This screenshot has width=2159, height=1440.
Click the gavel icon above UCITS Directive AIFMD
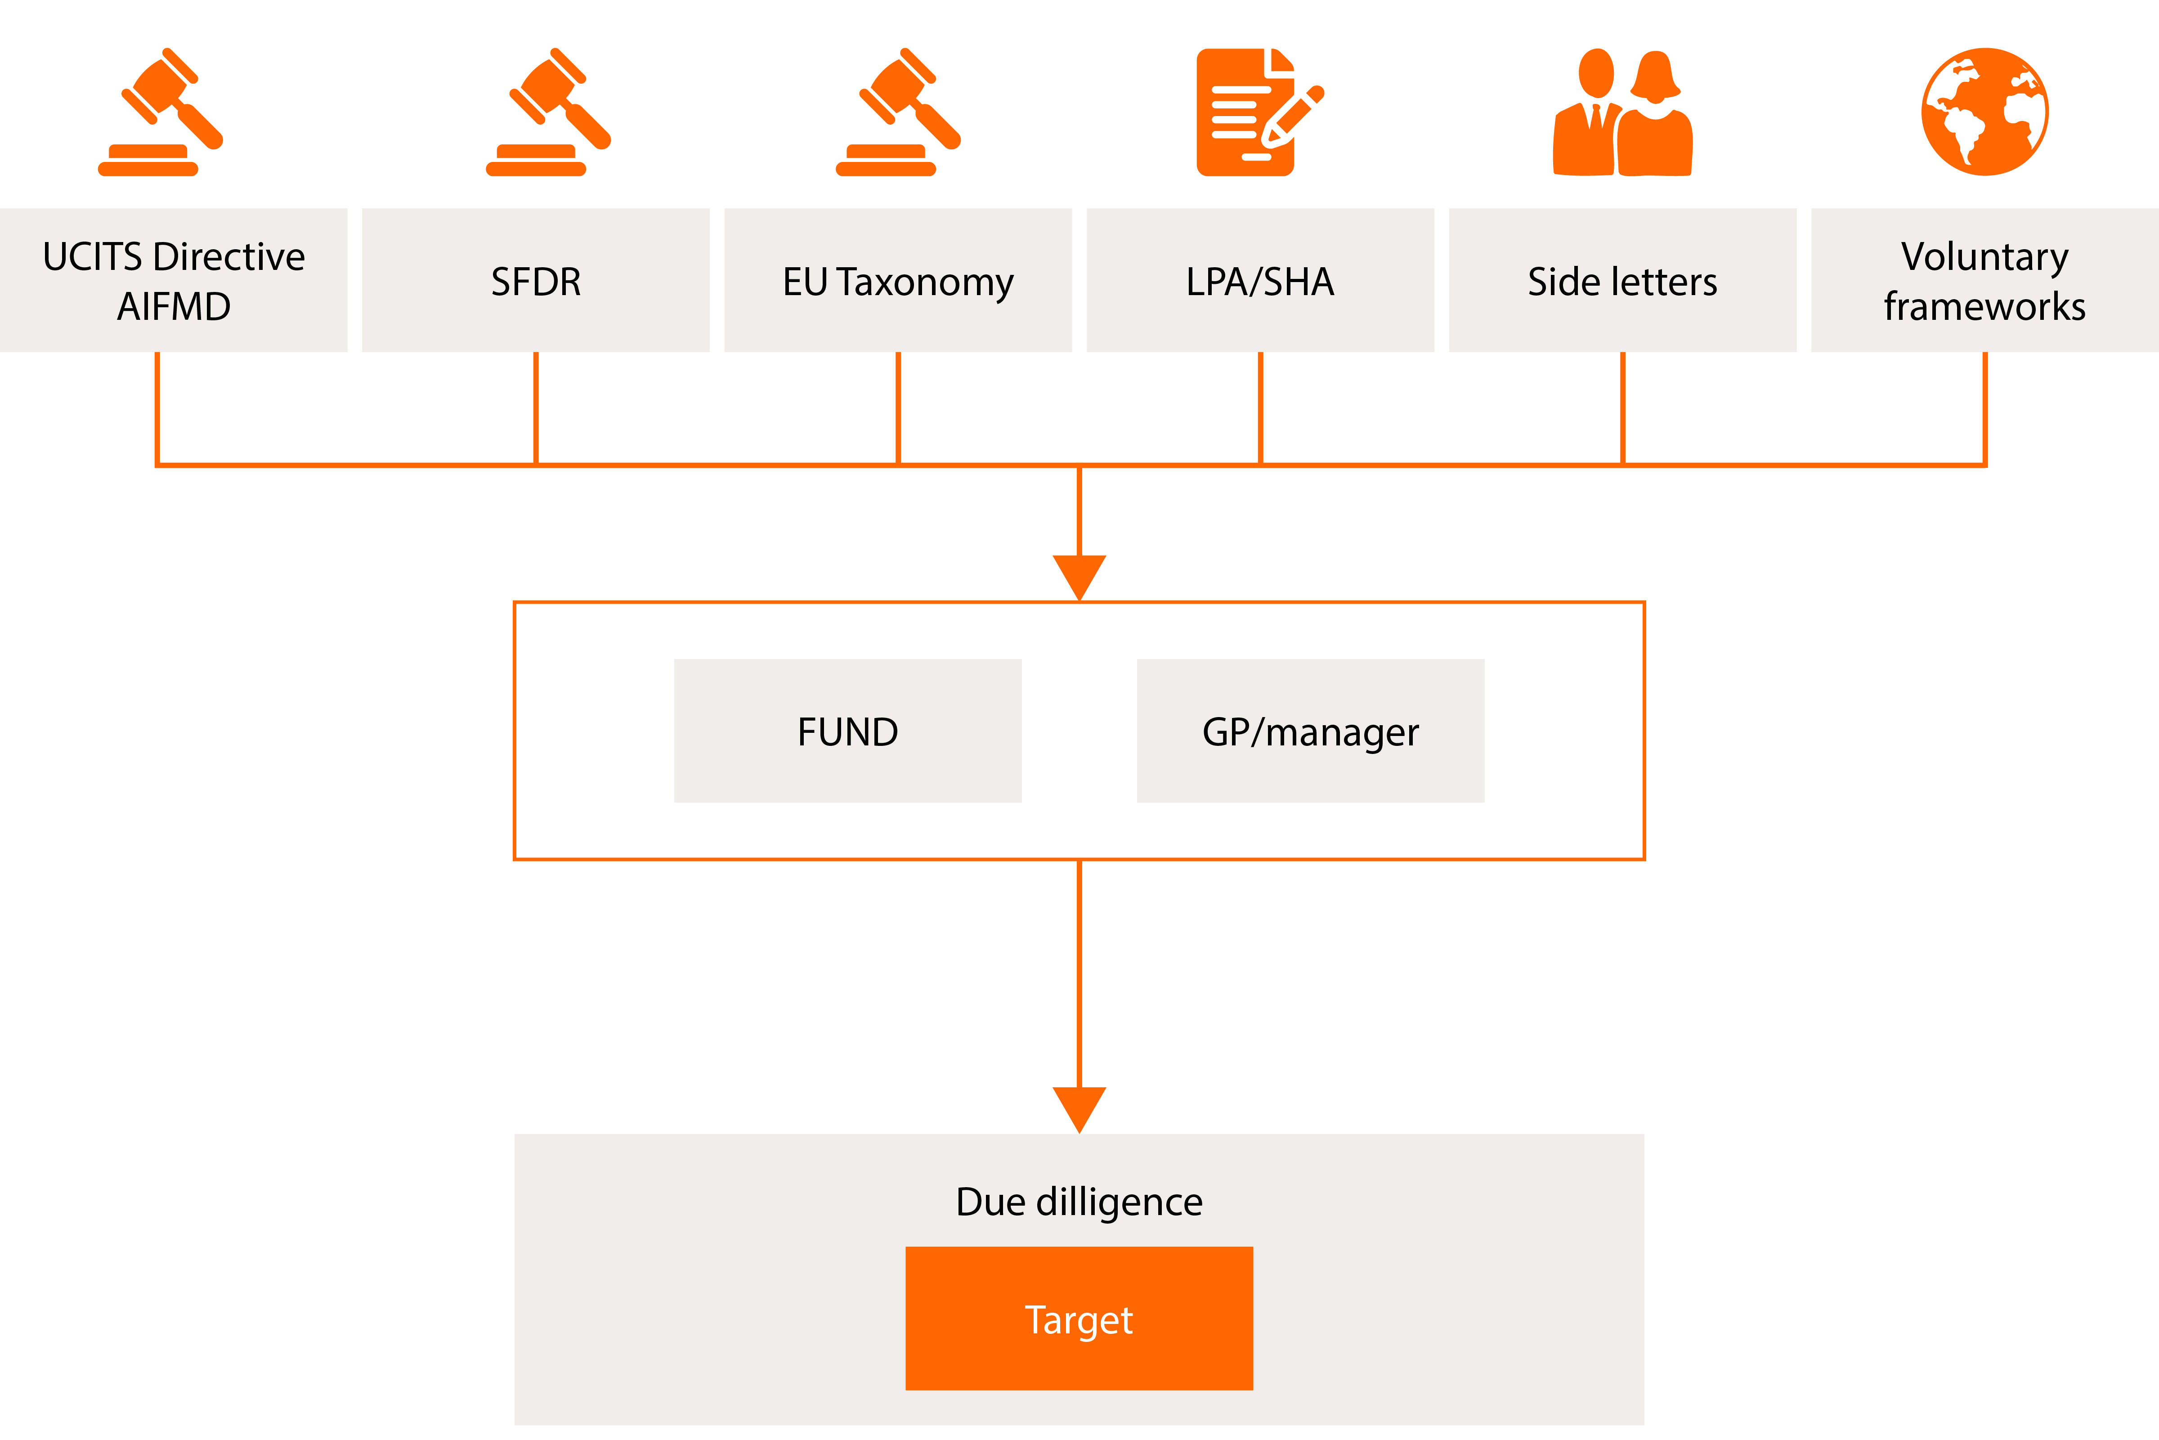point(161,111)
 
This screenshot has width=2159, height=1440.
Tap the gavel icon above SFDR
point(548,111)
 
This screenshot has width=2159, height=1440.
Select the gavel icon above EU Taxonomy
point(898,111)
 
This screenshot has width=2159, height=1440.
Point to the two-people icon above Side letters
point(1622,111)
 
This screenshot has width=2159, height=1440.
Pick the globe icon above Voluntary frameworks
point(1984,111)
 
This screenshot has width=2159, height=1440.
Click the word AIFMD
point(174,307)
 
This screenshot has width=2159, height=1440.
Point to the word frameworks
point(1984,307)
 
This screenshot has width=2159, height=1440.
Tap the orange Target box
point(1079,1319)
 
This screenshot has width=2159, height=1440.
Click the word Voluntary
point(1984,256)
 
